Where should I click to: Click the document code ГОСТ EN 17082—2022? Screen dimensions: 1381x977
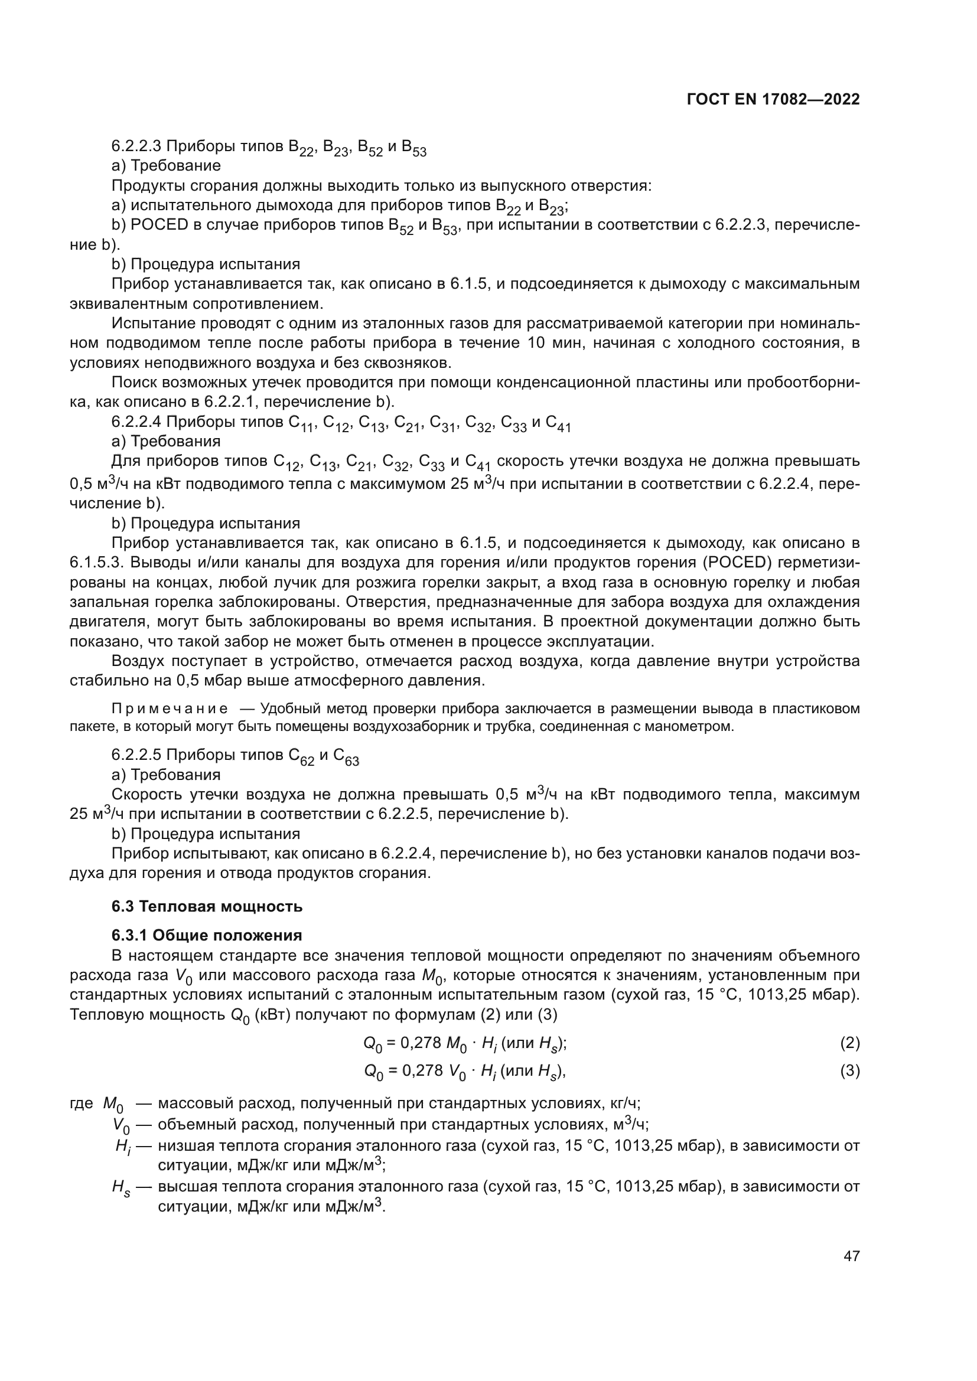click(x=773, y=100)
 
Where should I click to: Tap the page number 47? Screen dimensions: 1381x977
click(x=851, y=1255)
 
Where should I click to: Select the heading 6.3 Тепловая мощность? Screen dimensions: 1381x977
click(x=207, y=906)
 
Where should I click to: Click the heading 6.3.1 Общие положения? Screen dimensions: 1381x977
click(x=207, y=935)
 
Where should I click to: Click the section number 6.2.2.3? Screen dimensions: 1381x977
click(x=136, y=146)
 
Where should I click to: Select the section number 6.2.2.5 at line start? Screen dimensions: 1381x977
click(x=136, y=755)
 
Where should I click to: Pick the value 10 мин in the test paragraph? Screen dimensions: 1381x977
click(x=551, y=344)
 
